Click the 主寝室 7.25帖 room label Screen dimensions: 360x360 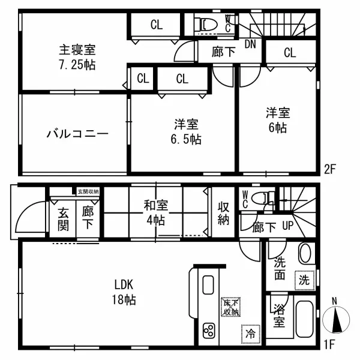(x=77, y=57)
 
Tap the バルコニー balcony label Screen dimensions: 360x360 (x=77, y=133)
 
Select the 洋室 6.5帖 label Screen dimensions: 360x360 (x=187, y=132)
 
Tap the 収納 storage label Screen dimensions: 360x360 (x=223, y=214)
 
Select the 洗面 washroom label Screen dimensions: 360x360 (x=280, y=269)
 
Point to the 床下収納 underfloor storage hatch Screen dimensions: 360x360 (x=230, y=307)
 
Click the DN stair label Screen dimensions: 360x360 (x=251, y=44)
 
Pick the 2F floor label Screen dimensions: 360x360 (x=329, y=169)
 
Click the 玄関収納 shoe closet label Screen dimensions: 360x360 (x=88, y=191)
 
